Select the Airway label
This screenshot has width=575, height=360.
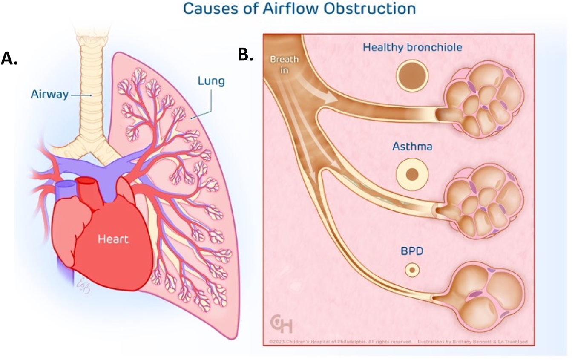click(49, 95)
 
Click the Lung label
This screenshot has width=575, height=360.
click(210, 81)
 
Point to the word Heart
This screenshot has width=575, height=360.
click(113, 239)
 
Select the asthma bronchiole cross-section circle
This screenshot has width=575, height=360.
click(411, 174)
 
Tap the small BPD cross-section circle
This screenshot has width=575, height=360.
click(411, 270)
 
